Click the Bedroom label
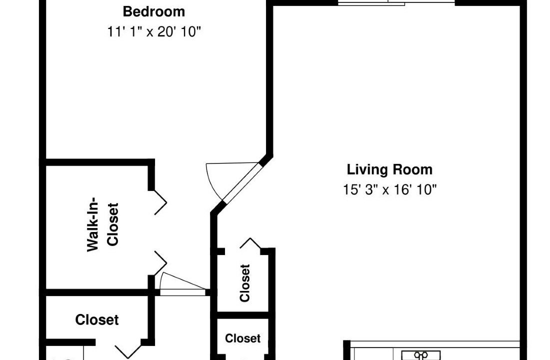coord(153,11)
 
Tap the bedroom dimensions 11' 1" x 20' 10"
coord(153,32)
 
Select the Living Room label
coord(389,170)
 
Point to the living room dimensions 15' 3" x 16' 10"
coord(389,190)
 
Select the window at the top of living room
coord(396,3)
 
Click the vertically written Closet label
coord(244,283)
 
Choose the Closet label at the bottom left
coord(97,319)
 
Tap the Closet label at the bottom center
coord(242,338)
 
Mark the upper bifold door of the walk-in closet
coord(160,202)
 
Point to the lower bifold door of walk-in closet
coord(160,263)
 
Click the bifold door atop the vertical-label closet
coord(250,243)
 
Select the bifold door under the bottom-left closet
coord(128,351)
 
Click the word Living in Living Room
coord(367,170)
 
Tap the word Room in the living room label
coord(412,170)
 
